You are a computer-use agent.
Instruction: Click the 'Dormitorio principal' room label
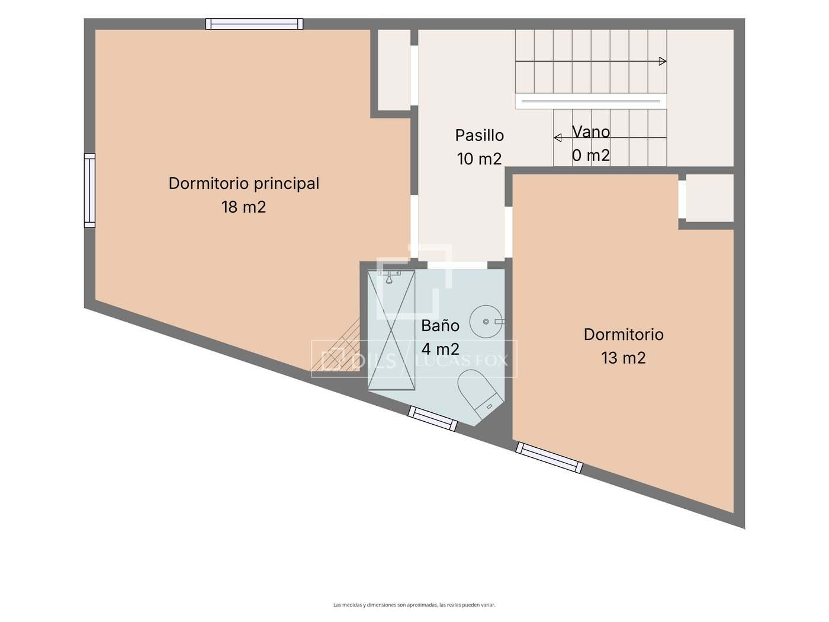tap(243, 184)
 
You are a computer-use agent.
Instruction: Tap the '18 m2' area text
tap(243, 207)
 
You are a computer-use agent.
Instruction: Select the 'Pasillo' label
tap(479, 135)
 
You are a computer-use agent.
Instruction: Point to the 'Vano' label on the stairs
tap(591, 132)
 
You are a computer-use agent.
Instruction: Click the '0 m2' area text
tap(591, 155)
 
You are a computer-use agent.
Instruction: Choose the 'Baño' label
tap(441, 326)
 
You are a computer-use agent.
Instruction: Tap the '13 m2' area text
tap(624, 358)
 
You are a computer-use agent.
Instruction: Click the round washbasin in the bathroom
tap(486, 322)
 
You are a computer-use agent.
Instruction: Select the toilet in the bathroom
tap(480, 393)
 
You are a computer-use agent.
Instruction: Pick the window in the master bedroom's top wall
tap(254, 24)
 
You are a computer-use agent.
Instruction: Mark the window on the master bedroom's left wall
tap(89, 190)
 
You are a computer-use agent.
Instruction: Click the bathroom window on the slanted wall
tap(432, 418)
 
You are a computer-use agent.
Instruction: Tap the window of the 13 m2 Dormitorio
tap(549, 458)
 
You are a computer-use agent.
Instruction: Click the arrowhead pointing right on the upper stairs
tap(663, 61)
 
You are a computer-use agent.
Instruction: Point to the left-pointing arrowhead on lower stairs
tap(557, 138)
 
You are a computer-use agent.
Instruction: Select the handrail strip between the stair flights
tap(591, 101)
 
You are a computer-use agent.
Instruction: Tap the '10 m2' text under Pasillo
tap(479, 159)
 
